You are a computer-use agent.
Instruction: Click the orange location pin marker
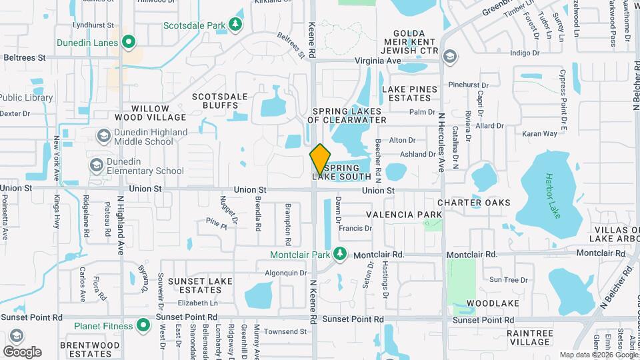tap(320, 159)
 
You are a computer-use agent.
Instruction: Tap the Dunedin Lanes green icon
tap(129, 44)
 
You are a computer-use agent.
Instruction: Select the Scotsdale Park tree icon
tap(235, 25)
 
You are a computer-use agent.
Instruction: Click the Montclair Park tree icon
tap(340, 254)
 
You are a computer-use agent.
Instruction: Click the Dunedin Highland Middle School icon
tap(103, 136)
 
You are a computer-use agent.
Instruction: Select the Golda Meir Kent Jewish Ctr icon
tap(450, 56)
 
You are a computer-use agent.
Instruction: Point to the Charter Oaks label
tap(474, 203)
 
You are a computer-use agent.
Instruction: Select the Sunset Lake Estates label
tap(200, 286)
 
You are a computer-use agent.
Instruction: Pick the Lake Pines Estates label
tap(410, 93)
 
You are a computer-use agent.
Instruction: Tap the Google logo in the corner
tap(22, 351)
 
